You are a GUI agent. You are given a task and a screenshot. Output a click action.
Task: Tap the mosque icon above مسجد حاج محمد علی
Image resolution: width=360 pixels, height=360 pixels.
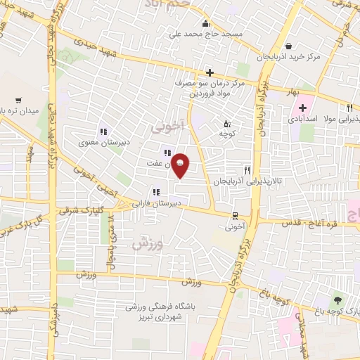pyautogui.click(x=205, y=23)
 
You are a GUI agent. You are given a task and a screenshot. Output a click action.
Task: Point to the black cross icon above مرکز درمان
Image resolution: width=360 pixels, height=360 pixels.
pyautogui.click(x=210, y=72)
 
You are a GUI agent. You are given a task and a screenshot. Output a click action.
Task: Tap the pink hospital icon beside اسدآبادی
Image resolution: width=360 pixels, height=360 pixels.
pyautogui.click(x=303, y=108)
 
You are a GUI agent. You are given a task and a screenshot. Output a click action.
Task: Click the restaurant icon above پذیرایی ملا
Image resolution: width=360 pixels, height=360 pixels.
pyautogui.click(x=349, y=108)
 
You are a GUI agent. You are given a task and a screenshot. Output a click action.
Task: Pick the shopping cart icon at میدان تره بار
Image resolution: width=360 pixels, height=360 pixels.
pyautogui.click(x=18, y=100)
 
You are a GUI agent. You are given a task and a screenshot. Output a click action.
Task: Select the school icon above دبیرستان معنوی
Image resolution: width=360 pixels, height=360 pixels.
pyautogui.click(x=103, y=131)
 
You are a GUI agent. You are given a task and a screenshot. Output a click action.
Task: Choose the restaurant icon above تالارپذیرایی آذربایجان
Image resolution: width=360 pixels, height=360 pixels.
pyautogui.click(x=246, y=169)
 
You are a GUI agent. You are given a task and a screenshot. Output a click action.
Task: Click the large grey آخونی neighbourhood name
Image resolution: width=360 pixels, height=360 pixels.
pyautogui.click(x=167, y=127)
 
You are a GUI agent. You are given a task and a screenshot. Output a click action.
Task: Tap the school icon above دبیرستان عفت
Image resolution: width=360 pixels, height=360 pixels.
pyautogui.click(x=166, y=153)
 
